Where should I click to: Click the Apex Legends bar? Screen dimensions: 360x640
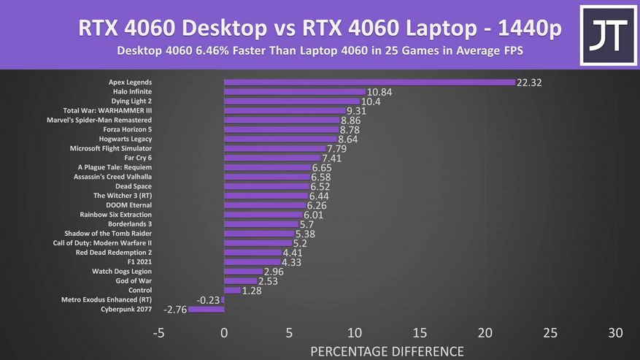369,82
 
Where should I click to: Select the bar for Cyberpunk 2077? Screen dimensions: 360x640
207,309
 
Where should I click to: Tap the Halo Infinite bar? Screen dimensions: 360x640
294,91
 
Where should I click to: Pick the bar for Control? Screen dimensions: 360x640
232,290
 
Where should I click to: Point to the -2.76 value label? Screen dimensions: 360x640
174,310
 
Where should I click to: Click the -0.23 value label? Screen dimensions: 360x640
208,300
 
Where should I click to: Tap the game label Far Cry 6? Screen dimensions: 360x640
138,158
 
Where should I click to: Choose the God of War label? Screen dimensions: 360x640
134,280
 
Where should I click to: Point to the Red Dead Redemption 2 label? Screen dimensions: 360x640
114,253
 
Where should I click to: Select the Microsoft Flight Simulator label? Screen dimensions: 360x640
111,148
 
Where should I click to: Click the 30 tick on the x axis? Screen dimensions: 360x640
615,333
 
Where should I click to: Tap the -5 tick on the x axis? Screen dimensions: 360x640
159,333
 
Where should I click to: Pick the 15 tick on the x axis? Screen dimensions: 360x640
420,333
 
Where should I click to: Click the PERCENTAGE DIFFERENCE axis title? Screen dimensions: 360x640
387,351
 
